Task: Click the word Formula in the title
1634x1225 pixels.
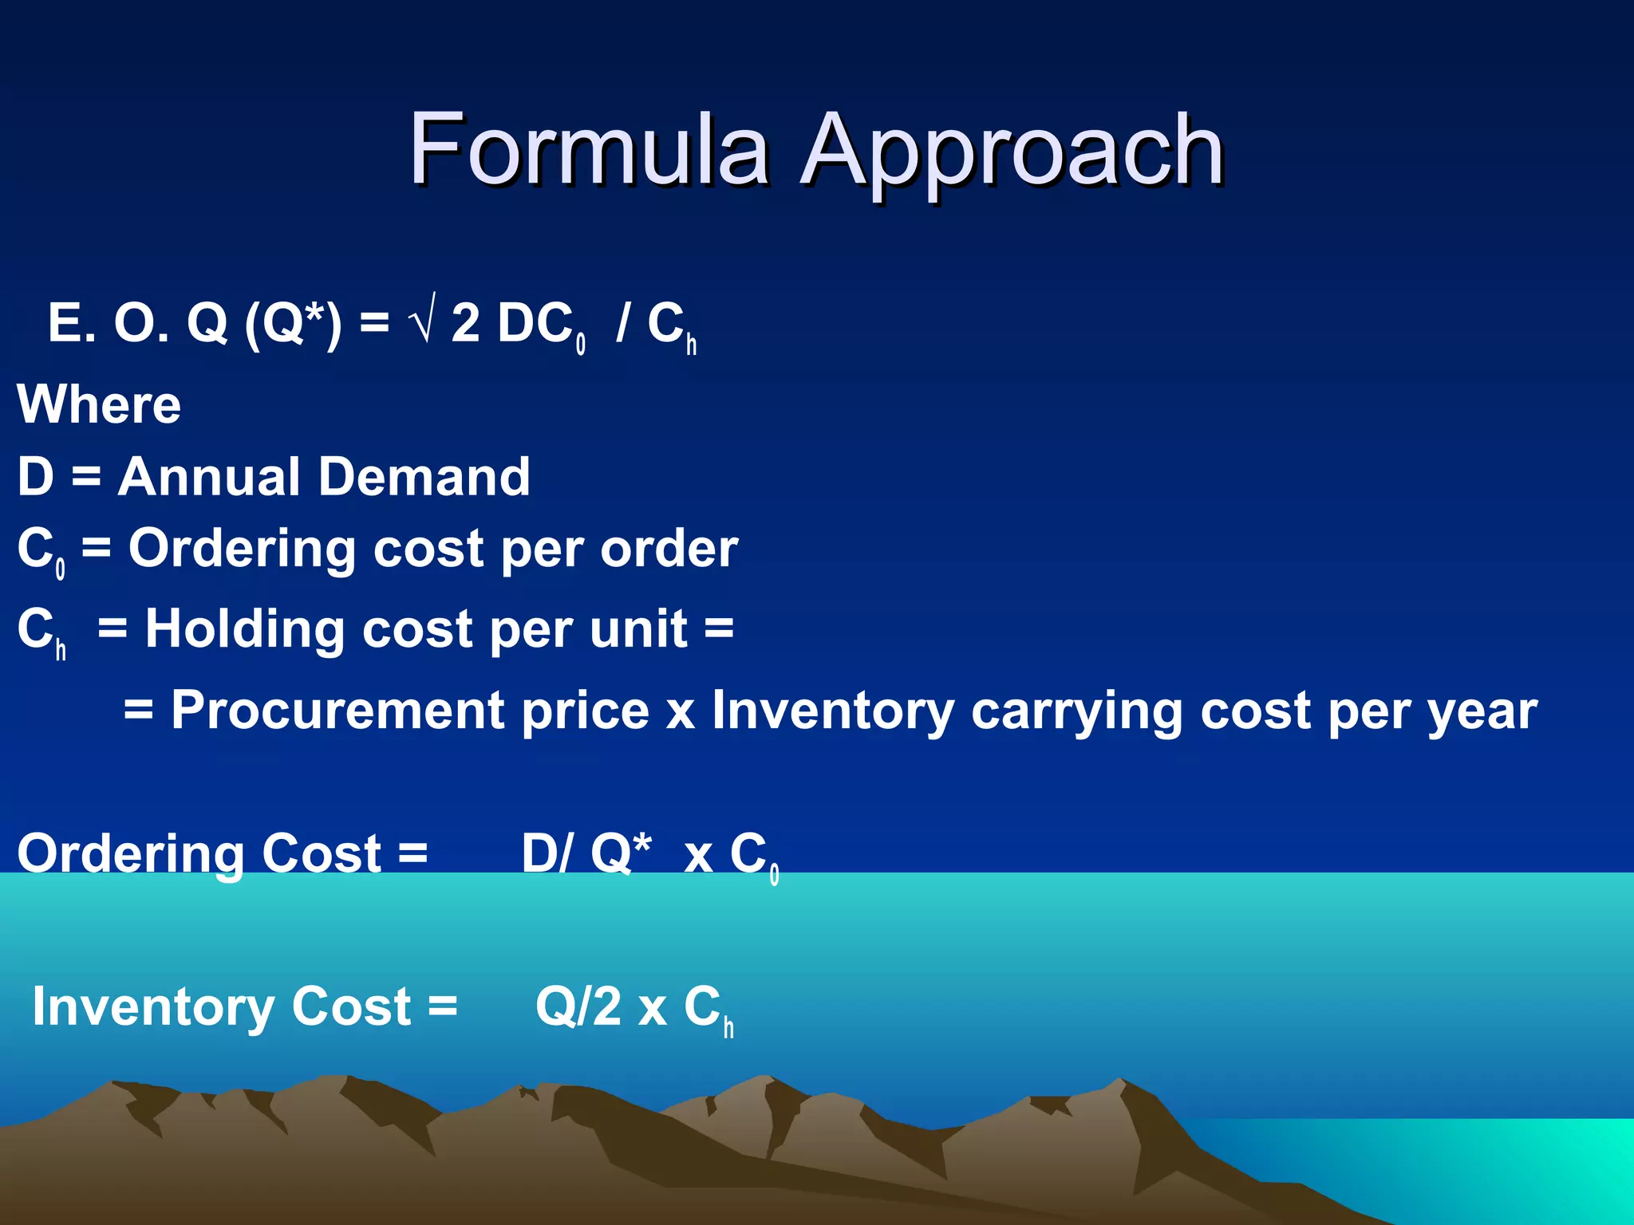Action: [x=589, y=150]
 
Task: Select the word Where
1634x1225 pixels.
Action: [x=99, y=404]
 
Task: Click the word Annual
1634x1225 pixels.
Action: [x=207, y=477]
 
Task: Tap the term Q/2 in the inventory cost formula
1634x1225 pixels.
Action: [x=578, y=1006]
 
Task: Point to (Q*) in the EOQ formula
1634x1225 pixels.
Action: [x=293, y=323]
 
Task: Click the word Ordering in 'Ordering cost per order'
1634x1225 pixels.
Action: [x=243, y=550]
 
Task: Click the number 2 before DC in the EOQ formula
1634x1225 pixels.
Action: [x=465, y=323]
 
